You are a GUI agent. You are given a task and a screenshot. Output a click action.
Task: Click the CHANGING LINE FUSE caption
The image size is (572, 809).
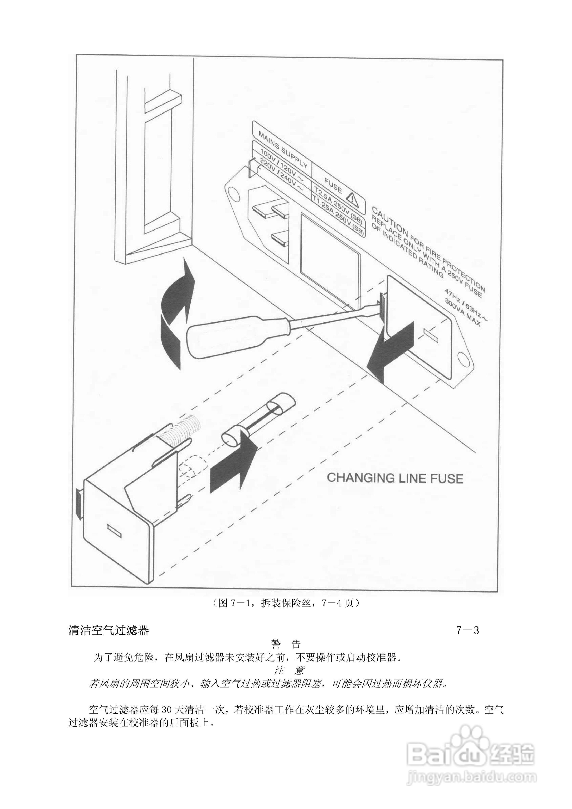click(395, 478)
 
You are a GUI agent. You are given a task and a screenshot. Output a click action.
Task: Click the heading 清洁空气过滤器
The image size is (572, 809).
click(109, 630)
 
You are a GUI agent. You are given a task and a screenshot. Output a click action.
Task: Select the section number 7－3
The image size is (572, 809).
click(468, 630)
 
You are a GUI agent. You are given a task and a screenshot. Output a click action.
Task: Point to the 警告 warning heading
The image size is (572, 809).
click(286, 645)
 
